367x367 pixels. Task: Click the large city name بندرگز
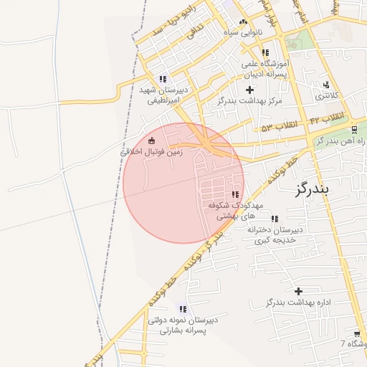pyautogui.click(x=310, y=189)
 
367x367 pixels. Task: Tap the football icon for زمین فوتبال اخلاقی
pyautogui.click(x=151, y=140)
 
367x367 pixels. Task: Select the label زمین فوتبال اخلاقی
pyautogui.click(x=151, y=153)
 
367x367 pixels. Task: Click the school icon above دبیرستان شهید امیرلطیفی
pyautogui.click(x=163, y=79)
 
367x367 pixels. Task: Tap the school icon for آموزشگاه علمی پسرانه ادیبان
pyautogui.click(x=265, y=52)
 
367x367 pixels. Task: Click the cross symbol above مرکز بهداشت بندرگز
pyautogui.click(x=249, y=90)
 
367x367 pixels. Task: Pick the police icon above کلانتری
pyautogui.click(x=326, y=85)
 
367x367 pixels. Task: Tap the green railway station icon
pyautogui.click(x=354, y=130)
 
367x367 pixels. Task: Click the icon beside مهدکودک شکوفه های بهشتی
pyautogui.click(x=235, y=194)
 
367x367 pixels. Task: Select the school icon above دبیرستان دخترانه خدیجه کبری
pyautogui.click(x=274, y=219)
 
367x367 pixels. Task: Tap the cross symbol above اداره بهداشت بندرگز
pyautogui.click(x=298, y=290)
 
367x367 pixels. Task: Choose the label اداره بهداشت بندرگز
pyautogui.click(x=298, y=302)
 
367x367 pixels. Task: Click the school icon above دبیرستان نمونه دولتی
pyautogui.click(x=182, y=308)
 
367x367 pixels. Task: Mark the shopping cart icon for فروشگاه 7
pyautogui.click(x=357, y=334)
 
